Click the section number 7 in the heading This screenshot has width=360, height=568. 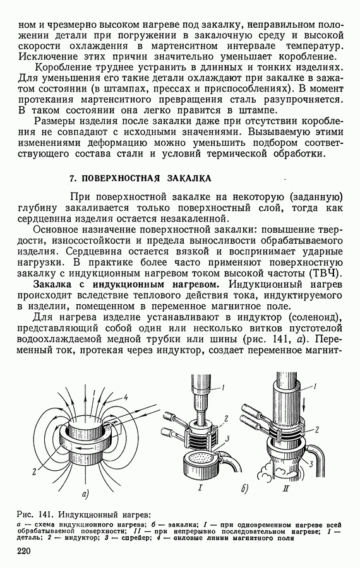(72, 179)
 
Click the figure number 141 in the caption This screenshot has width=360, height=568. (45, 514)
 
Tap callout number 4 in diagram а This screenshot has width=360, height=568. (126, 398)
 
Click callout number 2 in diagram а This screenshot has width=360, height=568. (33, 472)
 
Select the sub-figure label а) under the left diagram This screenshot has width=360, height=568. (87, 493)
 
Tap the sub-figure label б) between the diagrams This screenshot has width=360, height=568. (244, 489)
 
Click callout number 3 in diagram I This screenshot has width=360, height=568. (227, 439)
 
